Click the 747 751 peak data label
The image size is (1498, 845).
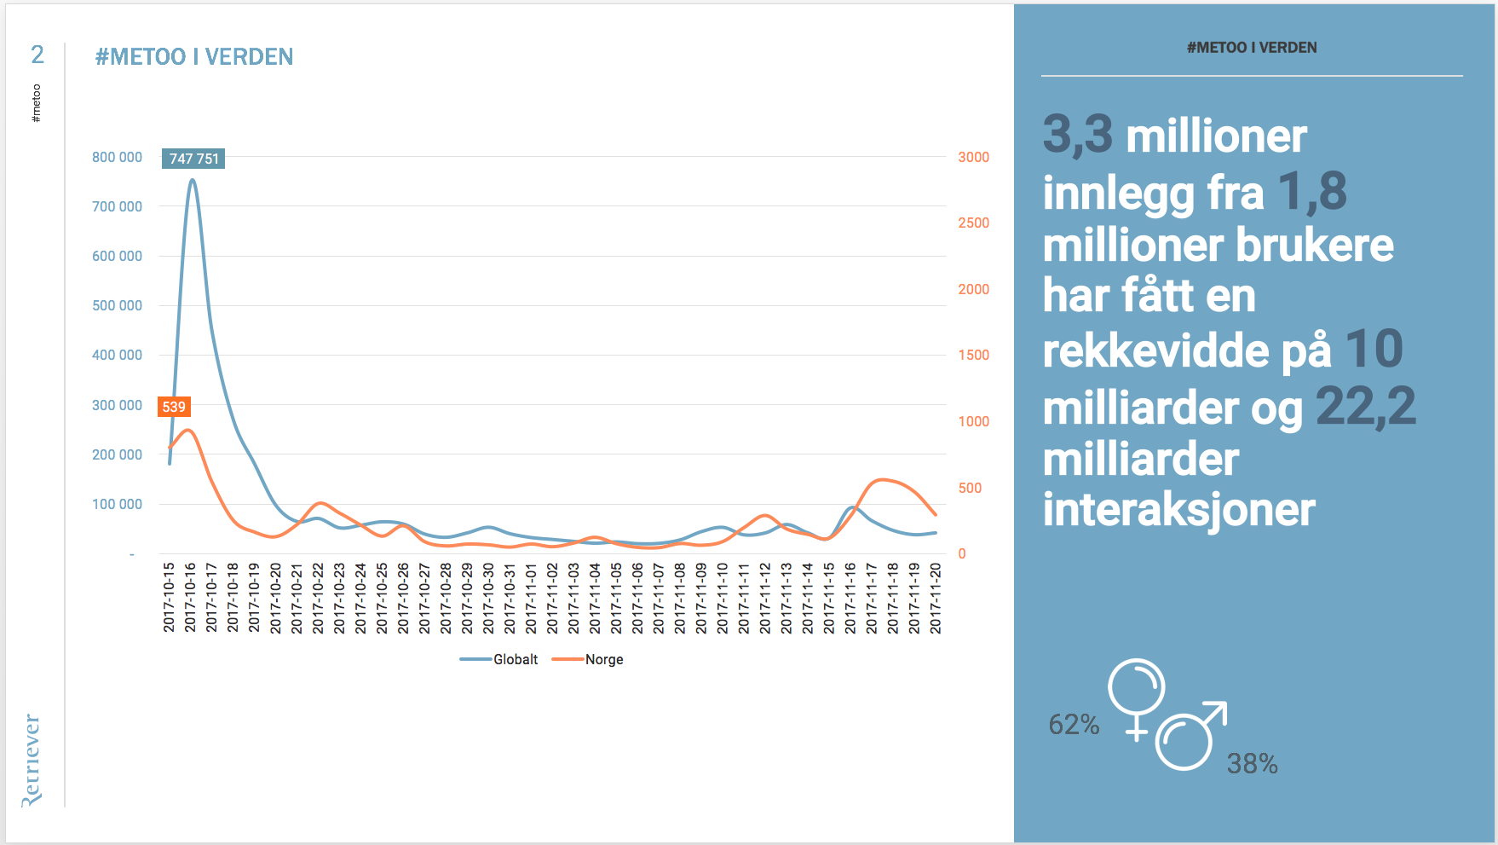pos(193,159)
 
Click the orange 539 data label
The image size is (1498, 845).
pos(174,407)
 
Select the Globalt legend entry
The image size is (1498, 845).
pos(500,659)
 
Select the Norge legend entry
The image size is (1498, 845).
pos(589,659)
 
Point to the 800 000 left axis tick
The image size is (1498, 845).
pos(117,157)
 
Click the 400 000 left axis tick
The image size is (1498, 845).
pos(117,355)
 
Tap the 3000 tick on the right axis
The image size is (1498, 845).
pos(973,157)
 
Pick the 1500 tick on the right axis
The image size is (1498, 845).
pos(973,355)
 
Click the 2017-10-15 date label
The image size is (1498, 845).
pos(169,597)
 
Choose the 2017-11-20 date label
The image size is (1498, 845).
pos(936,597)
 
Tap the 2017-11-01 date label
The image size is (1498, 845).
pos(531,597)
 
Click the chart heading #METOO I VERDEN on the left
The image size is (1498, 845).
pos(194,57)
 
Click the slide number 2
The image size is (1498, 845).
pos(37,55)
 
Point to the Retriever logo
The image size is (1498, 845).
pos(32,760)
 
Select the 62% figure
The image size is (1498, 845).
pos(1074,725)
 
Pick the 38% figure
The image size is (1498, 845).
pos(1252,764)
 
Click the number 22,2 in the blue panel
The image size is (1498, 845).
pos(1365,406)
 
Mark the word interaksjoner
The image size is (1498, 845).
pos(1179,510)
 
